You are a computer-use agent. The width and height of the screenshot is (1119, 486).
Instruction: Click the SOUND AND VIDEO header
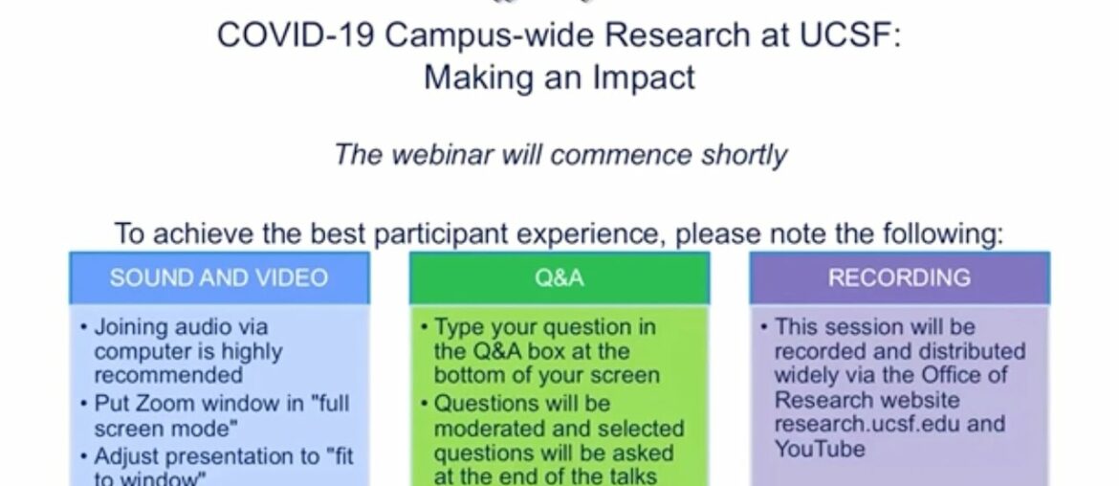point(218,278)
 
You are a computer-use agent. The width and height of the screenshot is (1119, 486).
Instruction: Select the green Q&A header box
point(559,278)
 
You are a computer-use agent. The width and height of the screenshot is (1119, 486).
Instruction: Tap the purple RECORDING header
point(899,278)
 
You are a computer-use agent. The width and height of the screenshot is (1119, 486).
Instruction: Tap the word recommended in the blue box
point(167,375)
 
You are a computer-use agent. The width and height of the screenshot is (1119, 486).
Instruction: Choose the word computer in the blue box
point(135,351)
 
